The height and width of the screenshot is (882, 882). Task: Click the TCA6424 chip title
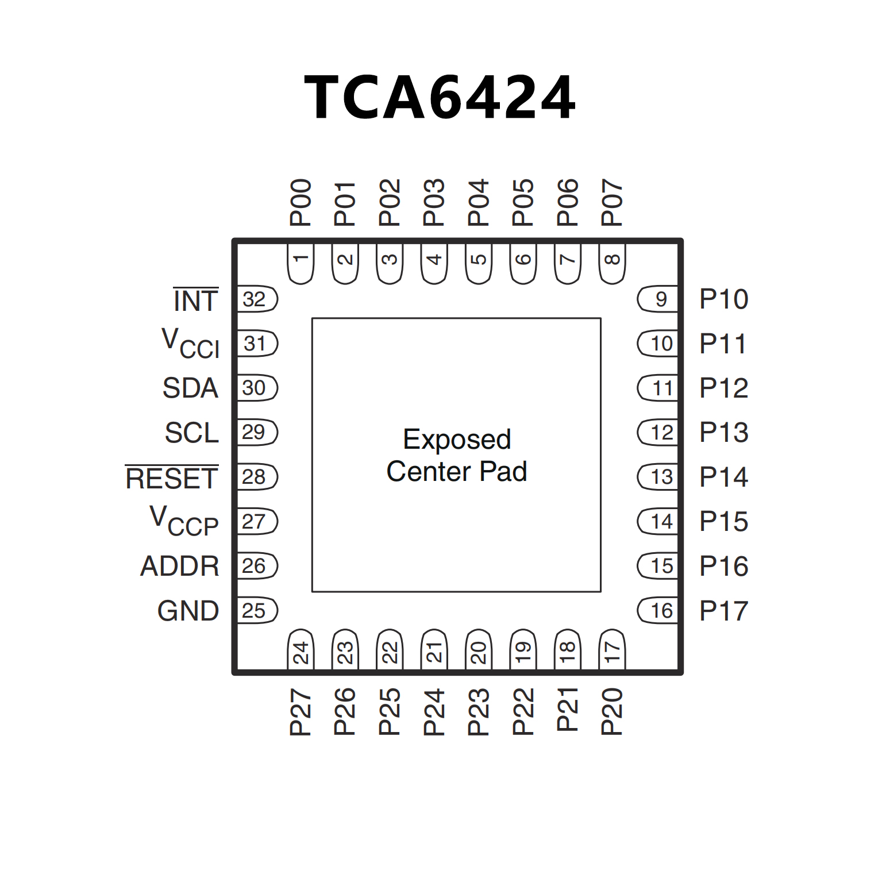440,97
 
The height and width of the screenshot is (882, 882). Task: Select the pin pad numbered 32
256,299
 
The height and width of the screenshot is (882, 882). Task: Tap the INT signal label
196,301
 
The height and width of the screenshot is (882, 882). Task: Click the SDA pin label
190,388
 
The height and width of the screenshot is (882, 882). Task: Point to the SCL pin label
192,433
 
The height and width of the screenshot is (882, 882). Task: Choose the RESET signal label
172,478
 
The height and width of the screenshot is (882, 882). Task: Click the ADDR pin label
180,566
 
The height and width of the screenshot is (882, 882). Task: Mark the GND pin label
188,611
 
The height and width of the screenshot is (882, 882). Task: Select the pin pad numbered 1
301,263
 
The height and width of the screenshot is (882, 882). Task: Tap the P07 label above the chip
612,202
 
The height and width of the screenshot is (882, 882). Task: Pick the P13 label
723,432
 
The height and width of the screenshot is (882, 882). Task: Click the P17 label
723,611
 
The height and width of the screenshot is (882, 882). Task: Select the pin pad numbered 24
301,650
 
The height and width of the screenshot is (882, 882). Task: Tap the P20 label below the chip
612,711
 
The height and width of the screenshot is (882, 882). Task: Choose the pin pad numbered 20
479,650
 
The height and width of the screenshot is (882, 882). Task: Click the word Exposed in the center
457,440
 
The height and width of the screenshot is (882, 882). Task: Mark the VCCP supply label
184,521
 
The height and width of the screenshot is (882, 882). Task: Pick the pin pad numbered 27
256,522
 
